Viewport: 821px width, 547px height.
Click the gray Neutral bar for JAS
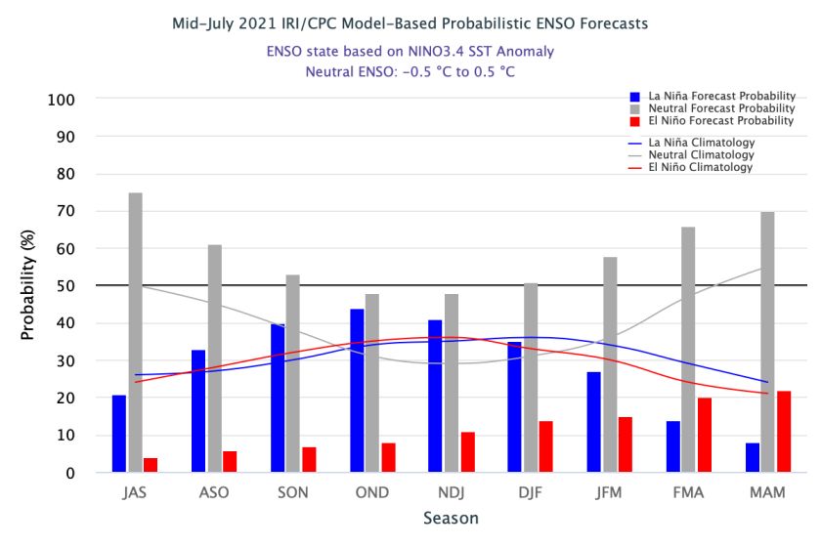click(x=135, y=332)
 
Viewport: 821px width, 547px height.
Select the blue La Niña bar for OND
click(x=357, y=391)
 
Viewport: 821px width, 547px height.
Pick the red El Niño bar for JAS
click(x=151, y=465)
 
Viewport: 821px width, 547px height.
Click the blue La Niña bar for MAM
click(x=752, y=458)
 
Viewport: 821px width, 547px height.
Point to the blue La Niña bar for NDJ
click(x=436, y=396)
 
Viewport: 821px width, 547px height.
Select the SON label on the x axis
click(x=293, y=492)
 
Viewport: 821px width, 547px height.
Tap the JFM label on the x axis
click(x=609, y=492)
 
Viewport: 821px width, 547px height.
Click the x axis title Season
click(x=451, y=519)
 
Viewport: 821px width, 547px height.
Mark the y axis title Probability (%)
click(x=27, y=286)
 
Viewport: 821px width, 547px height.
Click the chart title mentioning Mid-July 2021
click(x=410, y=22)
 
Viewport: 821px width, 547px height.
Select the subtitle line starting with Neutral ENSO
click(x=410, y=71)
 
